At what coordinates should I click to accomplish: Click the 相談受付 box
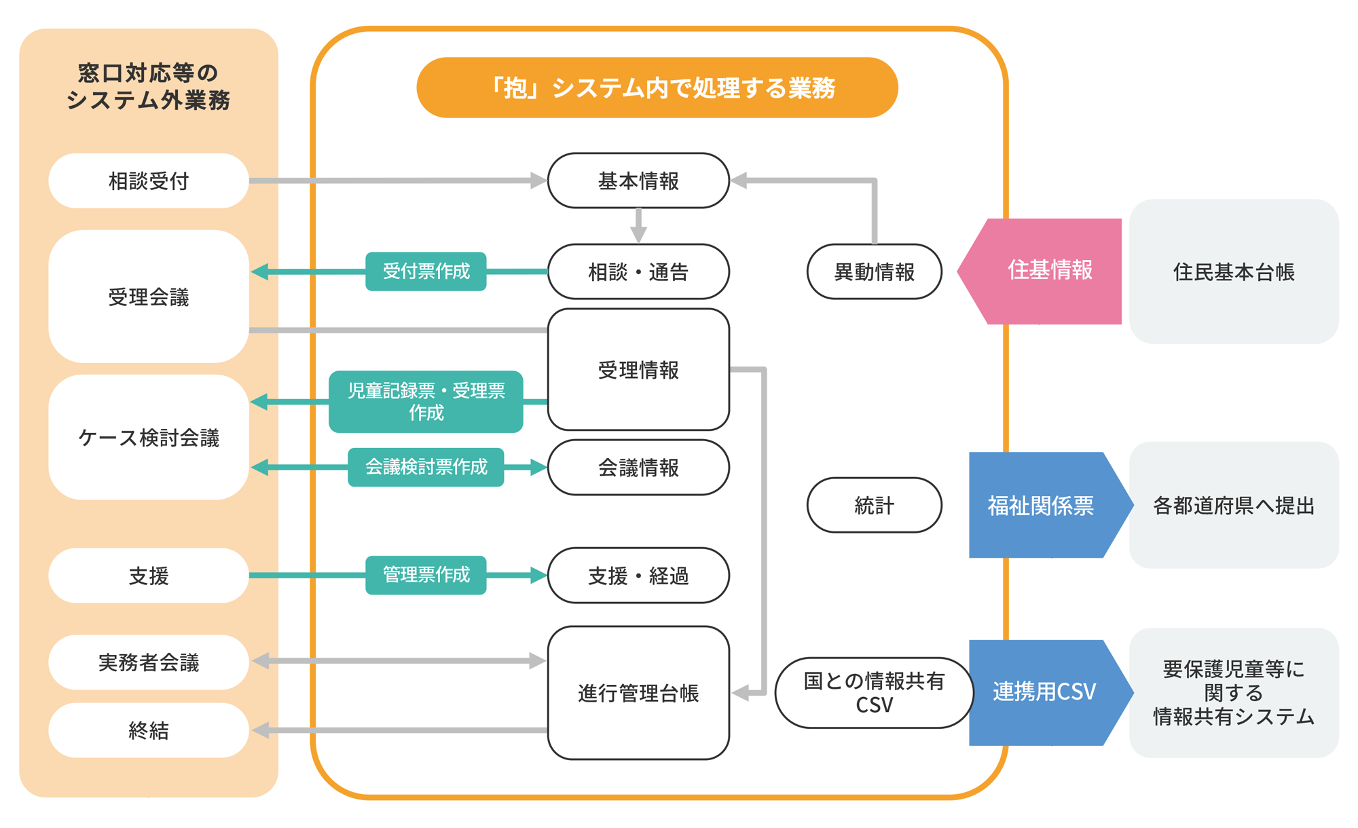tap(148, 181)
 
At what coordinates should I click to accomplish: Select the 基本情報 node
tap(638, 181)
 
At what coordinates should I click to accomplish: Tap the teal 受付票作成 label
tap(426, 271)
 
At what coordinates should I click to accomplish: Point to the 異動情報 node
tap(874, 271)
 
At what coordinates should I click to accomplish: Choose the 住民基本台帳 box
tap(1233, 271)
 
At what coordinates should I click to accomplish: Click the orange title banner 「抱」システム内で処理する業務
tap(657, 88)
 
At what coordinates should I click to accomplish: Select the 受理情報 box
tap(638, 370)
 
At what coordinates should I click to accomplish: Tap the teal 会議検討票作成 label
tap(426, 467)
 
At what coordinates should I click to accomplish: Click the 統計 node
tap(874, 505)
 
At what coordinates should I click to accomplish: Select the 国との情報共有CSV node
tap(874, 692)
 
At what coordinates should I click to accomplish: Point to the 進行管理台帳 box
tap(638, 692)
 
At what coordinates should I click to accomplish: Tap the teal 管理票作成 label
tap(426, 575)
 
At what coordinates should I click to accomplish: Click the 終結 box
tap(148, 730)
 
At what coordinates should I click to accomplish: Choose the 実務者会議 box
tap(148, 662)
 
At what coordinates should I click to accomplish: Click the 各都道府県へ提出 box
tap(1233, 505)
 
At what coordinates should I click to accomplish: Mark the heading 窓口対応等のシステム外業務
tap(148, 86)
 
